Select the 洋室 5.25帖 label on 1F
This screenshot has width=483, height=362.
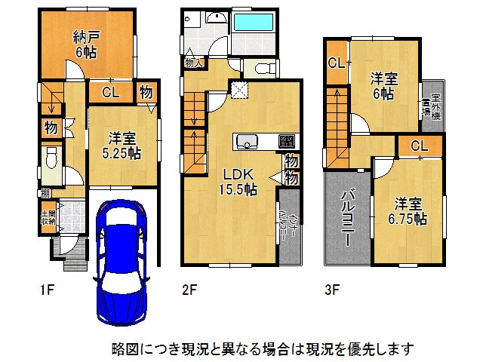coord(122,146)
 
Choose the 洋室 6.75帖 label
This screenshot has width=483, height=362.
coord(410,210)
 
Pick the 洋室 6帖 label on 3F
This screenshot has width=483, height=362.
coord(383,86)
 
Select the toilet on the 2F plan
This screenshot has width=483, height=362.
coord(260,69)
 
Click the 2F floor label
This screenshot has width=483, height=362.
coord(189,287)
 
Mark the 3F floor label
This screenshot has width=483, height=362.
coord(333,287)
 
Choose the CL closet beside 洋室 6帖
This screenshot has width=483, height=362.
coord(337,63)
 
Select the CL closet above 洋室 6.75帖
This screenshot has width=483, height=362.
coord(420,146)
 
